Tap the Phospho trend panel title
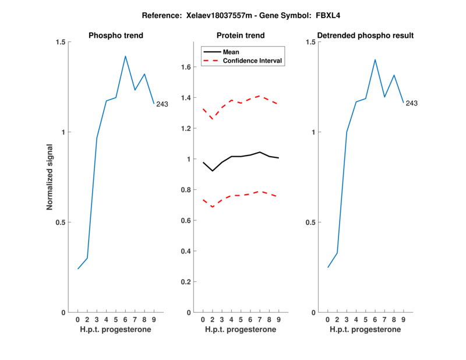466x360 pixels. pos(115,36)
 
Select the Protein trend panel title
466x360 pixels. pos(241,36)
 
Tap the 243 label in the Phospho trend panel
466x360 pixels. pos(162,104)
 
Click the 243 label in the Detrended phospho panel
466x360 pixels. pos(412,104)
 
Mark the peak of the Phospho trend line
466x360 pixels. pos(125,56)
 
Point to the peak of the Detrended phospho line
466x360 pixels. pos(375,59)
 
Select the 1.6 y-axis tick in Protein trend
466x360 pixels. pos(186,67)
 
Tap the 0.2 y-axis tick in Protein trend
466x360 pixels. pos(186,282)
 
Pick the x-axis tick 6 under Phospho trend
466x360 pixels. pos(125,320)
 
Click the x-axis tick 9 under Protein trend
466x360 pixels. pos(279,320)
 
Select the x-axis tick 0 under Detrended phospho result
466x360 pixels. pos(327,320)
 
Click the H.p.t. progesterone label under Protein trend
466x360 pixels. pos(241,330)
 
